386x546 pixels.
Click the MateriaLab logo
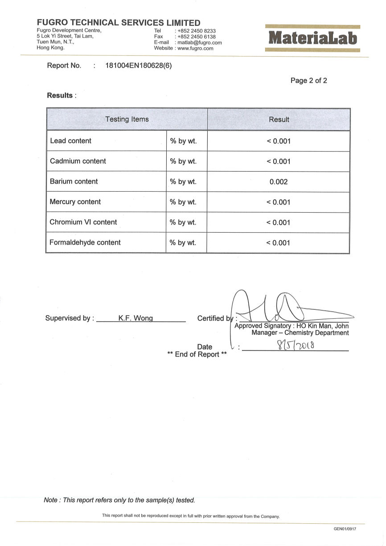click(x=312, y=39)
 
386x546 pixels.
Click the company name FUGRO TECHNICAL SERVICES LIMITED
click(x=119, y=23)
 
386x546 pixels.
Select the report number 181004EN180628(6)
click(x=138, y=66)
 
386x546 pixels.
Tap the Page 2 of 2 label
click(x=308, y=81)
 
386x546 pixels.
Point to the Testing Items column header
click(x=127, y=119)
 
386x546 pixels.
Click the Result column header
click(x=279, y=119)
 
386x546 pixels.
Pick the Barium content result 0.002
click(x=279, y=182)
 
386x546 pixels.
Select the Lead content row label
click(x=70, y=141)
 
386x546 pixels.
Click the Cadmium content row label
click(x=78, y=161)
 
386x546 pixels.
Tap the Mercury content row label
click(x=75, y=202)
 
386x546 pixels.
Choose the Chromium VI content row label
click(x=83, y=222)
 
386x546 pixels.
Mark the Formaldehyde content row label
click(x=85, y=242)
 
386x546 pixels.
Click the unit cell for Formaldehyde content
click(x=183, y=243)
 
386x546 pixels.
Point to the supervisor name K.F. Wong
click(x=136, y=318)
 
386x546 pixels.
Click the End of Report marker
click(x=197, y=355)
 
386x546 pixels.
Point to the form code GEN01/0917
click(x=345, y=529)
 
